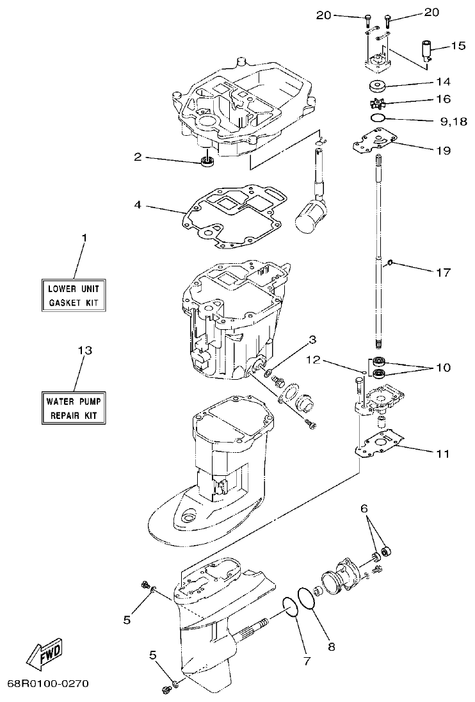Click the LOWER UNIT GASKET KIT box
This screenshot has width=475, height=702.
[74, 295]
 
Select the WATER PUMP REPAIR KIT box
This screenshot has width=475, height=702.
[74, 408]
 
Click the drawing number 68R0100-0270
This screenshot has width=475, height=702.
[48, 683]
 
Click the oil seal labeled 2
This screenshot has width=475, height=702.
[207, 161]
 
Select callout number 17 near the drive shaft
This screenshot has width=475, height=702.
[443, 272]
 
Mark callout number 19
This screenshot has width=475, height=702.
[443, 151]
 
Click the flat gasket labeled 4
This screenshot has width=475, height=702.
[230, 215]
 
